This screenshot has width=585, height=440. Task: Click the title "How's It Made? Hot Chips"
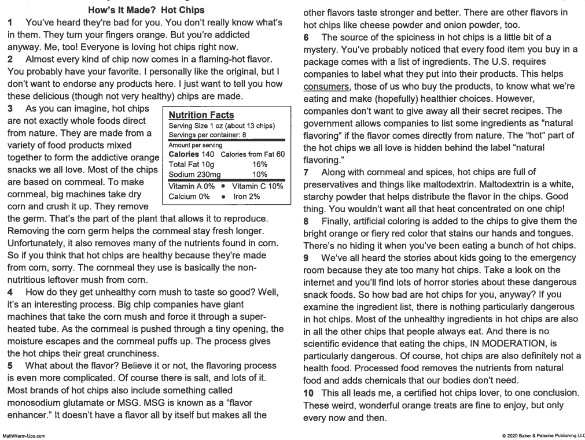coord(146,10)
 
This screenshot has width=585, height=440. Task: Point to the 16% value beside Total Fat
coord(260,164)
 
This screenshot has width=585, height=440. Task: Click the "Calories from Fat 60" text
coord(253,154)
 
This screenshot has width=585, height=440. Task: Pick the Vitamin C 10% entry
coord(257,186)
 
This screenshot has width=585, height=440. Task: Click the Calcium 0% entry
coord(189,196)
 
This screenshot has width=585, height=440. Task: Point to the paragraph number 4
coord(10,291)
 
